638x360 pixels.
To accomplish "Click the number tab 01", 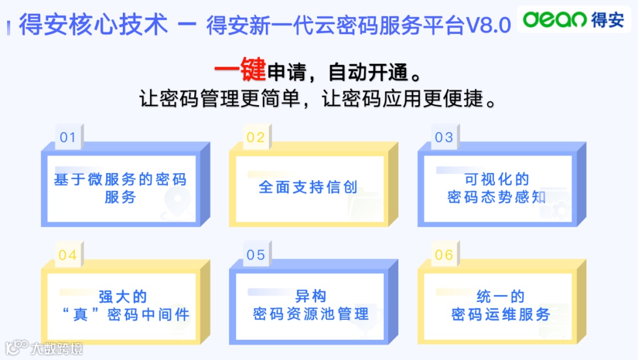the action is (68, 138).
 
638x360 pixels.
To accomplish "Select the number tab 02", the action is (256, 138).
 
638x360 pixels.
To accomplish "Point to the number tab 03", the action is (444, 138).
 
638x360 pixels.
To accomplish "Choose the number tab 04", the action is (68, 255).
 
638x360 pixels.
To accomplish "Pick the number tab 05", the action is (256, 255).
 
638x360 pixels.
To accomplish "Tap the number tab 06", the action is (444, 255).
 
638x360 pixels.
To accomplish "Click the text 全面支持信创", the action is (308, 187).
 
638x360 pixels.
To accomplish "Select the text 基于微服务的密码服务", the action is (120, 188).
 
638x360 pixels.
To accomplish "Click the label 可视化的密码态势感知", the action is (496, 188).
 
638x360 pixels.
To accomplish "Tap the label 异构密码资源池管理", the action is (310, 305).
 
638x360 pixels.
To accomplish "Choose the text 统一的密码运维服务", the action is (500, 305).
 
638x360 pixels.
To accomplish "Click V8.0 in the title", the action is (489, 26).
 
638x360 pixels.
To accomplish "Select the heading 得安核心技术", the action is (93, 25).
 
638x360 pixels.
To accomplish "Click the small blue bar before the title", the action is (9, 27).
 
